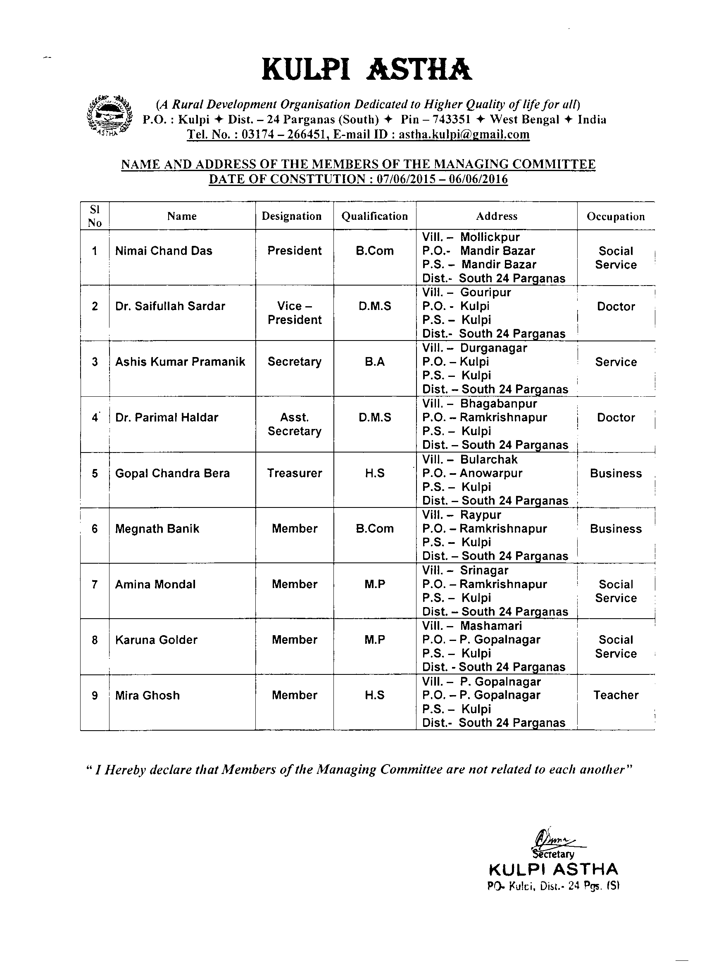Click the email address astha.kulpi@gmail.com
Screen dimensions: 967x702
464,135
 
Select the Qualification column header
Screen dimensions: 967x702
375,216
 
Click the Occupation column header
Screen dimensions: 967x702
616,217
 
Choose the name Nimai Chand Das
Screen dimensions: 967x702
164,251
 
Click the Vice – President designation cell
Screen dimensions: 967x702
295,313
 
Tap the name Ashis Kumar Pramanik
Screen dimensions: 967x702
180,362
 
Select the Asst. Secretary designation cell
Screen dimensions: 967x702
295,424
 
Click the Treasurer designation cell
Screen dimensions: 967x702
295,473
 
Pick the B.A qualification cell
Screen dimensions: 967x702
375,362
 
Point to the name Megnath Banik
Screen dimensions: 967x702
157,529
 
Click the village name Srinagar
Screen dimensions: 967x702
484,570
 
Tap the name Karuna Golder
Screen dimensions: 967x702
157,640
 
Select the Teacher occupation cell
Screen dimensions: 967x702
616,695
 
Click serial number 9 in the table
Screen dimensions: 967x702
95,696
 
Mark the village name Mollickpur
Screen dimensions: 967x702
490,237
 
